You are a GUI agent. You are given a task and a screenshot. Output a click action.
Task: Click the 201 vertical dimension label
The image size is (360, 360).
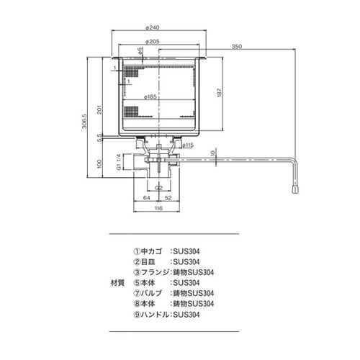101,108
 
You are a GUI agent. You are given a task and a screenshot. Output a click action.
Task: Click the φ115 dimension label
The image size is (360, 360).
189,145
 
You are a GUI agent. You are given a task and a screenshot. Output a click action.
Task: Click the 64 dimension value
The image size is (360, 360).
145,197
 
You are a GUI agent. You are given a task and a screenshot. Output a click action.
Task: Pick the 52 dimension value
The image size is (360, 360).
167,197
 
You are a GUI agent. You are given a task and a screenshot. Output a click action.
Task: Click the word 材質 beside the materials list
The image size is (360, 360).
117,283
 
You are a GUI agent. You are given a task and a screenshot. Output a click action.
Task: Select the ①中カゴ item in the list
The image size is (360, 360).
150,252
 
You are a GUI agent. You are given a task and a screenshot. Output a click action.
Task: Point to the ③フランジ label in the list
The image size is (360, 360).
151,273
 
